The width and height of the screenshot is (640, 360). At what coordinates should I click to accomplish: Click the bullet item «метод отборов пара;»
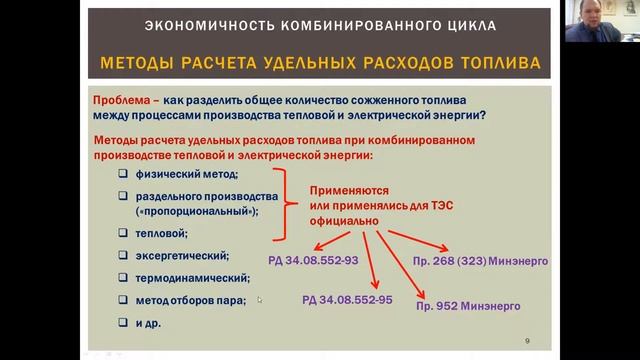click(189, 301)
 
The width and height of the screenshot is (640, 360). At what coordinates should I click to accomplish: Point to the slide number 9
click(527, 342)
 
